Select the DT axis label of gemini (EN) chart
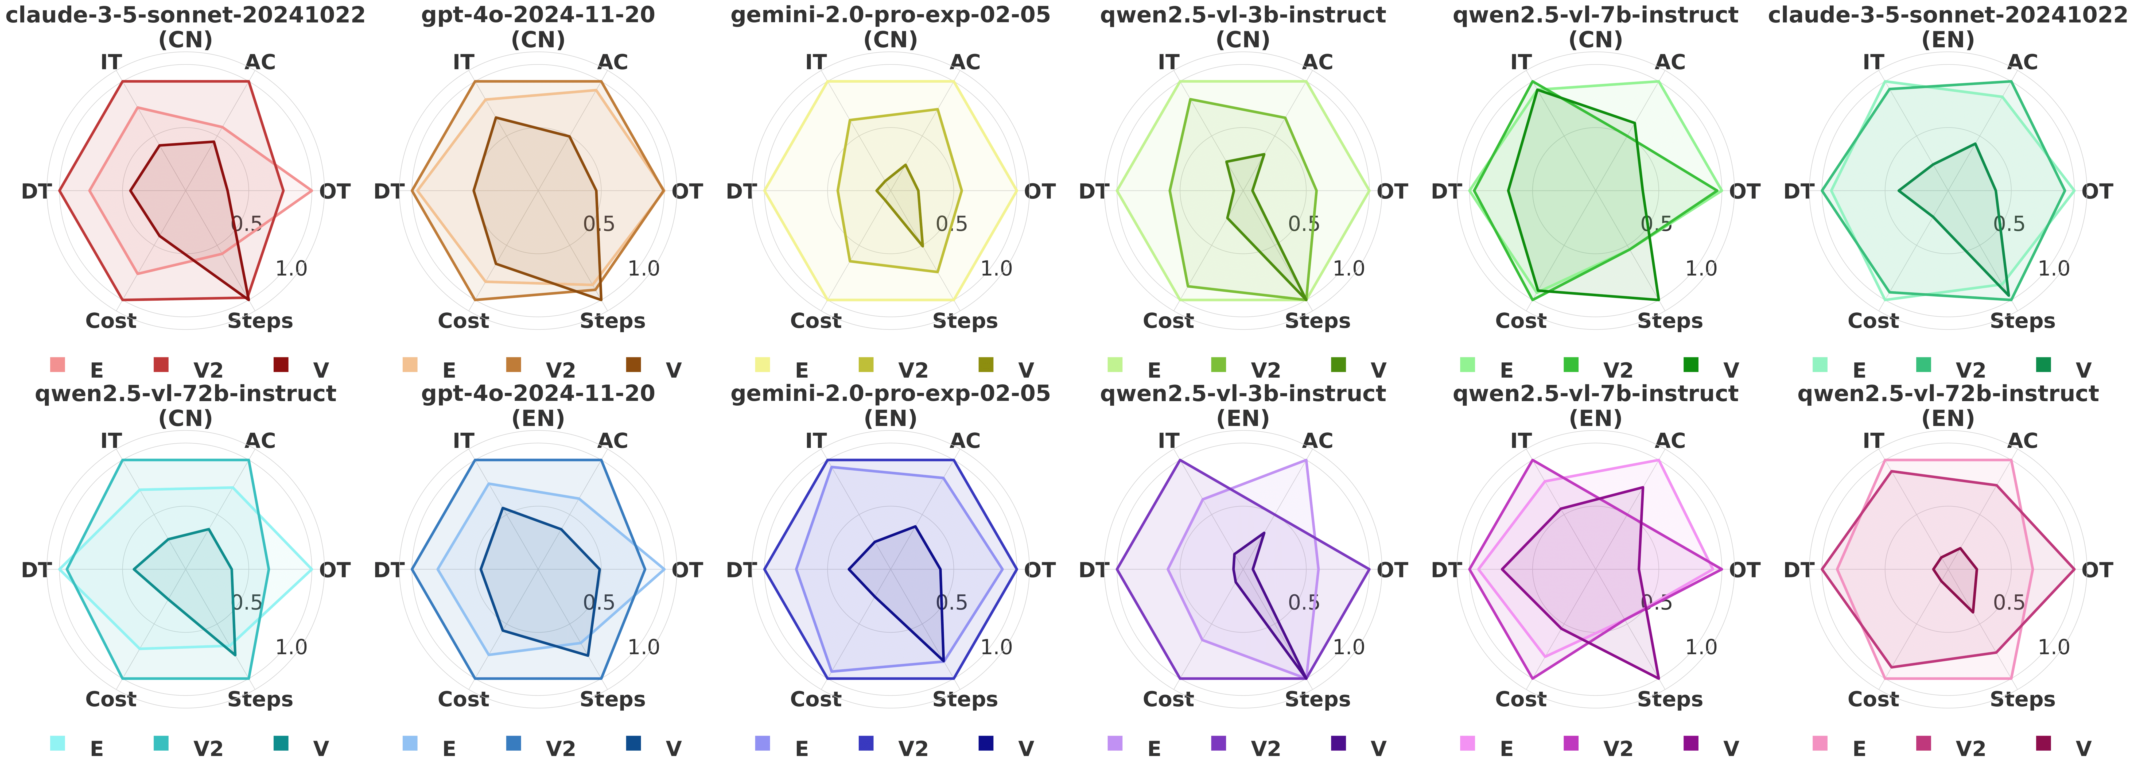click(741, 570)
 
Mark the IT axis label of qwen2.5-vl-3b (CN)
click(1168, 62)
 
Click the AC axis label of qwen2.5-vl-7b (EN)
click(1670, 441)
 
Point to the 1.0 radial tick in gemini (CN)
click(996, 269)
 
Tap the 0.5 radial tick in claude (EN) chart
click(2009, 224)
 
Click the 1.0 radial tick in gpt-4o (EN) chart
click(644, 647)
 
